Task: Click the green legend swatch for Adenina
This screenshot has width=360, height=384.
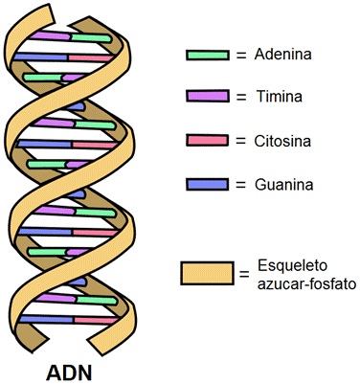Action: click(208, 55)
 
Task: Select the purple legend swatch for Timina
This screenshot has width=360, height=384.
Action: click(208, 96)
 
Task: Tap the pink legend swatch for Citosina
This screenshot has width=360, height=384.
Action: click(208, 141)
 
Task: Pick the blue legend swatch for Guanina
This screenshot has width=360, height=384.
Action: click(208, 185)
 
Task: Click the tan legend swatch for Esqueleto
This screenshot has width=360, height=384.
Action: click(207, 273)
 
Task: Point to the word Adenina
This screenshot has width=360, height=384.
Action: click(282, 55)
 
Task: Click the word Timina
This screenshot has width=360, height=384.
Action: click(280, 96)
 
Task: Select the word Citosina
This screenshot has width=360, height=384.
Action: click(282, 141)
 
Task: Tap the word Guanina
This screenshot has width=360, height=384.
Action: click(283, 185)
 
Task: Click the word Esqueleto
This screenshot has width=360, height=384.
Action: click(292, 266)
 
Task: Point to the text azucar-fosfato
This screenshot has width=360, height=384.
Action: click(306, 283)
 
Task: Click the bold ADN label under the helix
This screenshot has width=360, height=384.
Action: click(69, 373)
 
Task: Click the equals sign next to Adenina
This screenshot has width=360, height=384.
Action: click(241, 56)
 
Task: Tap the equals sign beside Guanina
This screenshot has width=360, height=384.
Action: click(241, 185)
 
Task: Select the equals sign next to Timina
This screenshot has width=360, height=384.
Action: click(241, 97)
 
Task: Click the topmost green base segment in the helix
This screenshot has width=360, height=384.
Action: click(91, 38)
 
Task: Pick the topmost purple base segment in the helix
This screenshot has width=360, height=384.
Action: click(50, 35)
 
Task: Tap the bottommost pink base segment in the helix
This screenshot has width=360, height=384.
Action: click(96, 320)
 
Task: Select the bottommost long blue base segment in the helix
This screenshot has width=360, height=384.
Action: click(47, 319)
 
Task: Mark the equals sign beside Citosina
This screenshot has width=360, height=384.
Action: click(241, 142)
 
